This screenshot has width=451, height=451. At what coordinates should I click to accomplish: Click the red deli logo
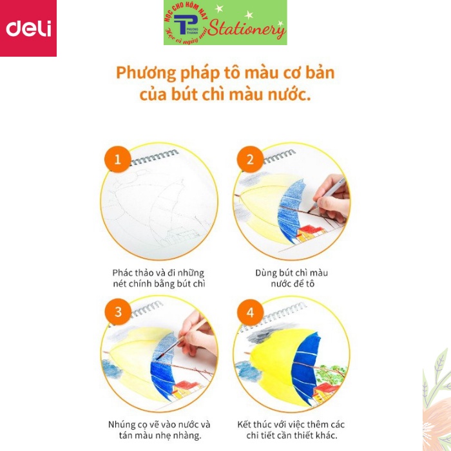[28, 28]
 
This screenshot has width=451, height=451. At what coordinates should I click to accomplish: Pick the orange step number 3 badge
[117, 312]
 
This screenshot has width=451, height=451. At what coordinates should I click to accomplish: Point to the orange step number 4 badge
[250, 312]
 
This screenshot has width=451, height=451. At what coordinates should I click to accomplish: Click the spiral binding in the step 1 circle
[155, 158]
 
